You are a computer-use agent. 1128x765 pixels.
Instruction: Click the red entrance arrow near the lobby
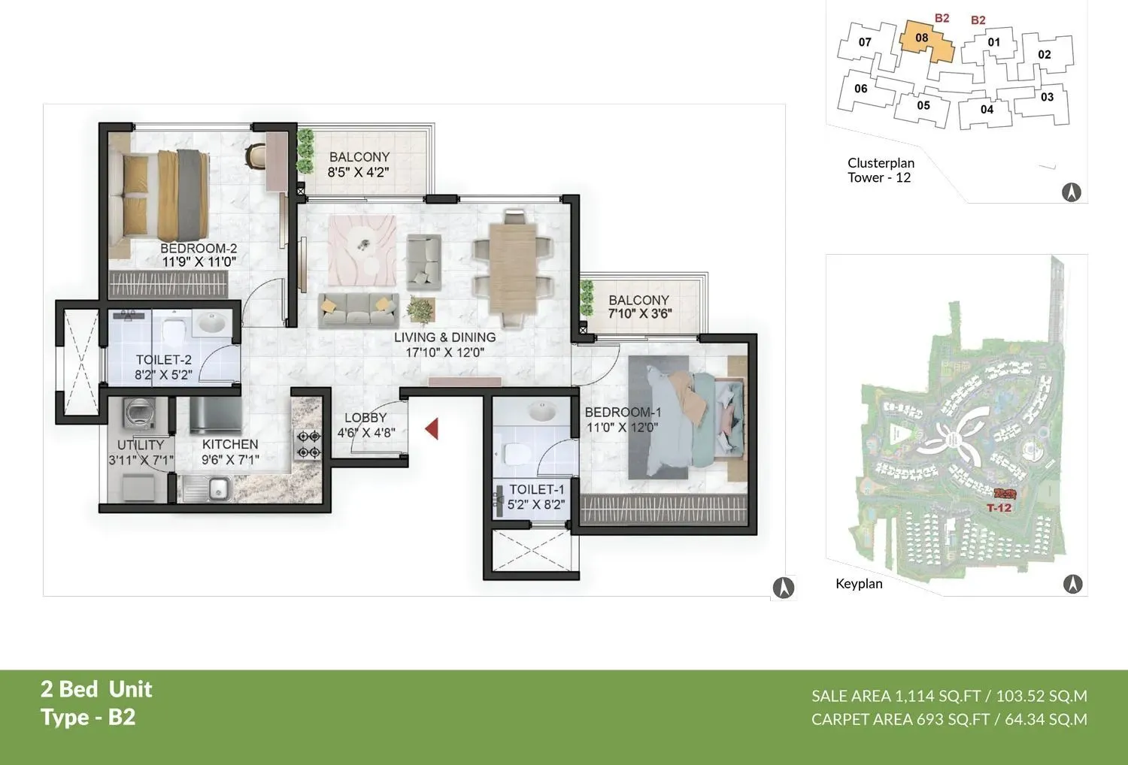[432, 429]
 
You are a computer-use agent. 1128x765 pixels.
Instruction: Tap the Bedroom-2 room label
[199, 248]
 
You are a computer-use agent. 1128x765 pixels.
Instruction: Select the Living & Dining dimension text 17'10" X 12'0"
[444, 352]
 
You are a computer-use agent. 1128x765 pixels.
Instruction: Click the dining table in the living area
[512, 268]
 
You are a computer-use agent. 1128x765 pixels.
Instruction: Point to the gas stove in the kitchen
[309, 444]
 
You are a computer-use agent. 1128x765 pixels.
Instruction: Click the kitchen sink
[218, 490]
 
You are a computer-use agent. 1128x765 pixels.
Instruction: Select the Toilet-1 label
[536, 489]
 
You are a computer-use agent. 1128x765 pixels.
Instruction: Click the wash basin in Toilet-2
[210, 325]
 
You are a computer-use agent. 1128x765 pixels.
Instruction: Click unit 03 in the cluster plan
[1047, 97]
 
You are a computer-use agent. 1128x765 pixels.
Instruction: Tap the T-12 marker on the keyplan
[999, 507]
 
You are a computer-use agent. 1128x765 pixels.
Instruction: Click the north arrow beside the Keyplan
[1072, 583]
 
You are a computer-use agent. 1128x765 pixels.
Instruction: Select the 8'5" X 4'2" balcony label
[359, 172]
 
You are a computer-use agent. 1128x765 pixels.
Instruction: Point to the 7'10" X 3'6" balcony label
[639, 314]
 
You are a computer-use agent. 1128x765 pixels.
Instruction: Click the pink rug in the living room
[362, 250]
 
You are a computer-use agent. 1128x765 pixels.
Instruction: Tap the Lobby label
[365, 418]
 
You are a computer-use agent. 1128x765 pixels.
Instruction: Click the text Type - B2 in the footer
[88, 717]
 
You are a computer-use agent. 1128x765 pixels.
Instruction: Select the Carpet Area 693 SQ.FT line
[949, 719]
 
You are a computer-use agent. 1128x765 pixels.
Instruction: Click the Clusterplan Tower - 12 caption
[881, 170]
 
